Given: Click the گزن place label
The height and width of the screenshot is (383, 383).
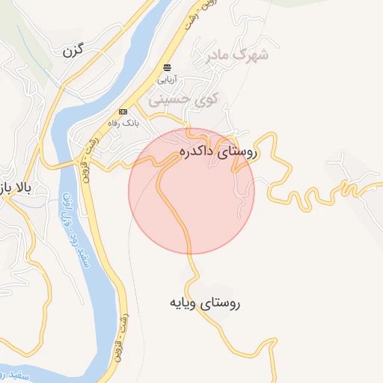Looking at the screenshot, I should (72, 51).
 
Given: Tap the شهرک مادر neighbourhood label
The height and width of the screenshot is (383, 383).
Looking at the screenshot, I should (239, 55).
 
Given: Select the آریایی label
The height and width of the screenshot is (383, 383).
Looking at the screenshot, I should (167, 78).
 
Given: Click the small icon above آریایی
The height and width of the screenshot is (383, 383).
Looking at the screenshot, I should (167, 67).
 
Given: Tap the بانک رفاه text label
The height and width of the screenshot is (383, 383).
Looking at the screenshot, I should (123, 121).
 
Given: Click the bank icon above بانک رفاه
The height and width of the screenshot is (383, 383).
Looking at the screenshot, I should (123, 111).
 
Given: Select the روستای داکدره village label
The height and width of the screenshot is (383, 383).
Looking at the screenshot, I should (218, 152).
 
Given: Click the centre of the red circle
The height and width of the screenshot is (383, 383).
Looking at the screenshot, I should (191, 191).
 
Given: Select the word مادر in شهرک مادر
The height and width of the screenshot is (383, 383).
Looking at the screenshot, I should (224, 55).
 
